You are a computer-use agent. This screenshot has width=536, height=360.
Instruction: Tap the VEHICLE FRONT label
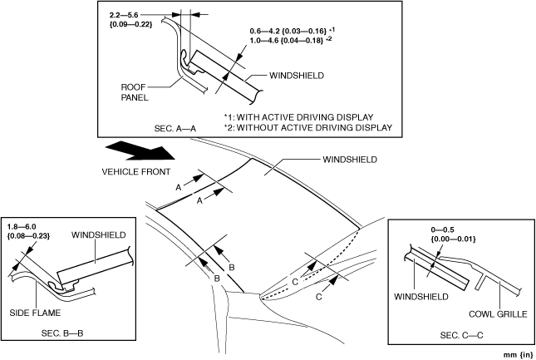[138, 173]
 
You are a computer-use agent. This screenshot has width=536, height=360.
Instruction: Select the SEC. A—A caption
[175, 128]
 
